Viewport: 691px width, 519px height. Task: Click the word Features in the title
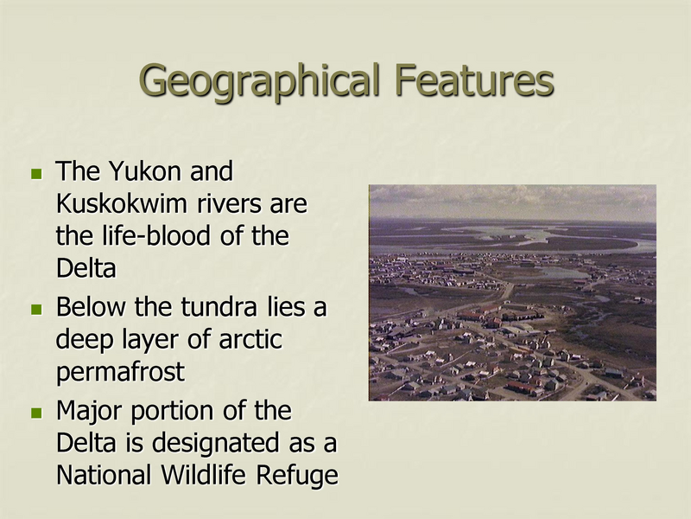pos(473,80)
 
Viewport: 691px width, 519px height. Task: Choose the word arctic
pos(248,340)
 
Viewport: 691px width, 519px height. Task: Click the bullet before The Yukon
pos(35,174)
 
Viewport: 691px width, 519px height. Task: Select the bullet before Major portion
pos(35,412)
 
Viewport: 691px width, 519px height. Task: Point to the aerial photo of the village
pos(511,320)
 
